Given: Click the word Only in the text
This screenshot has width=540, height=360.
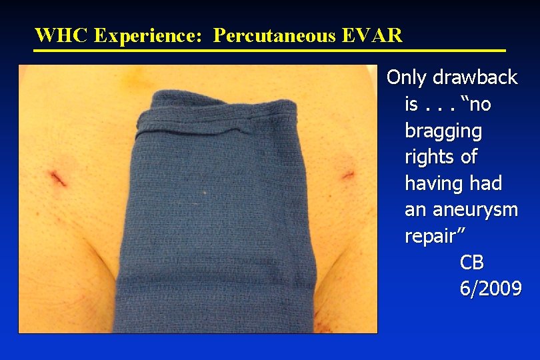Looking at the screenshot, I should click(x=407, y=77).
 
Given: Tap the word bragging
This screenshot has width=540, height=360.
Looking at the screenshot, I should click(x=443, y=131).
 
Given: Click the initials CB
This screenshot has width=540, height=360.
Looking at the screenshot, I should click(x=472, y=263).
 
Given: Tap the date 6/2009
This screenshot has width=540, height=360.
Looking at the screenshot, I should click(x=490, y=289).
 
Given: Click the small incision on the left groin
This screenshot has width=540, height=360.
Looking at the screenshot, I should click(x=57, y=178).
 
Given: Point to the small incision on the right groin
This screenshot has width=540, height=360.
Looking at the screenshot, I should click(x=347, y=175).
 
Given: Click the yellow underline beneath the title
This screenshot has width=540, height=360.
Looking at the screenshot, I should click(x=270, y=50).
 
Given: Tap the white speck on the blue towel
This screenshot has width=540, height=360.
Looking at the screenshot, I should click(x=205, y=193).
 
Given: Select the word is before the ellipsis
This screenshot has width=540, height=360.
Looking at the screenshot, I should click(x=411, y=105).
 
